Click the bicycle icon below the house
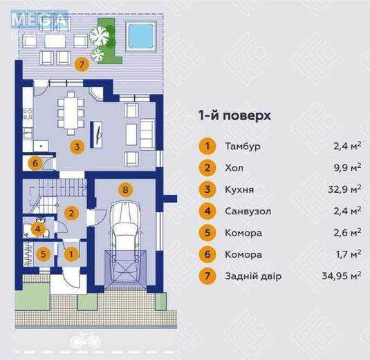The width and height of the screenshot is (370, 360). pos(84,340)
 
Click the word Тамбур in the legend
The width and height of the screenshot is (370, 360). pos(243,146)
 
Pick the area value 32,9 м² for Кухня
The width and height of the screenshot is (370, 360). pos(346,189)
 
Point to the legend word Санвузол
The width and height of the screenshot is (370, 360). pos(248,210)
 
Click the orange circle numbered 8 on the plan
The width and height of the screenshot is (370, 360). pos(124,188)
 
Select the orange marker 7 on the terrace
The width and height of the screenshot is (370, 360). pos(82,65)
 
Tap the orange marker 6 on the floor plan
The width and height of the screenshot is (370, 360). pos(35,164)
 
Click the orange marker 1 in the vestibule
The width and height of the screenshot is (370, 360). pos(70,254)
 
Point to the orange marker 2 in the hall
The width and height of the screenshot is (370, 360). pos(71,213)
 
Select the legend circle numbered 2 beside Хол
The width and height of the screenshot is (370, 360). pos(206,167)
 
